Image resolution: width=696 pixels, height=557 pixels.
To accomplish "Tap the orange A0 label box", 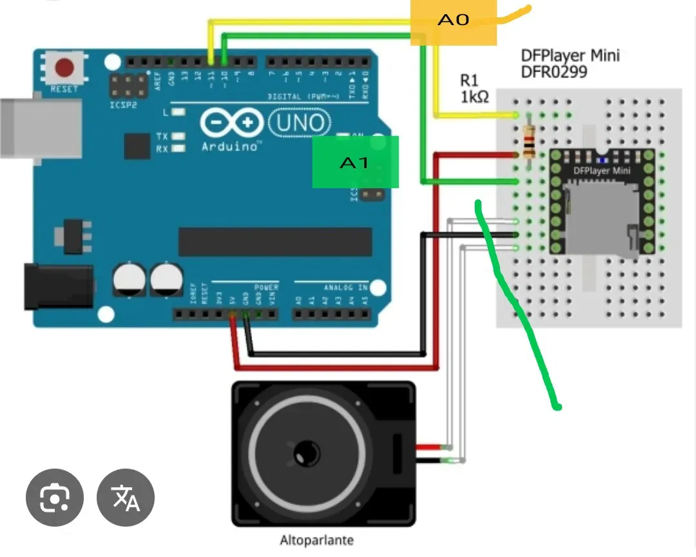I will click(x=454, y=21).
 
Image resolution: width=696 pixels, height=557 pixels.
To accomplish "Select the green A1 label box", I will click(x=355, y=162).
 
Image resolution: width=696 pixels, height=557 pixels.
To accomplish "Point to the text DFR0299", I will click(x=554, y=72).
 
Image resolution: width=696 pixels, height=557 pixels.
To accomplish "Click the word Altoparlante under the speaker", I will click(x=316, y=540).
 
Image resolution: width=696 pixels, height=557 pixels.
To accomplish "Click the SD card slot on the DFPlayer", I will click(x=603, y=216).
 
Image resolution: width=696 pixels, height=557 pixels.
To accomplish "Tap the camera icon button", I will click(x=55, y=496).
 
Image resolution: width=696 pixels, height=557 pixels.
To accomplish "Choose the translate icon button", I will click(x=126, y=496).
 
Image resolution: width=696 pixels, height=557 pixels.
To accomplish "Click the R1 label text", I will click(x=469, y=81).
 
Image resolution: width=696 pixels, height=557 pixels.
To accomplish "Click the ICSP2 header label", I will click(x=123, y=104).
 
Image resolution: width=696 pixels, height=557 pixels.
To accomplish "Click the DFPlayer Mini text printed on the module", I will click(x=602, y=171).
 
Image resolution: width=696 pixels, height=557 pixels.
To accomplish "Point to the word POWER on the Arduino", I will click(x=266, y=288).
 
